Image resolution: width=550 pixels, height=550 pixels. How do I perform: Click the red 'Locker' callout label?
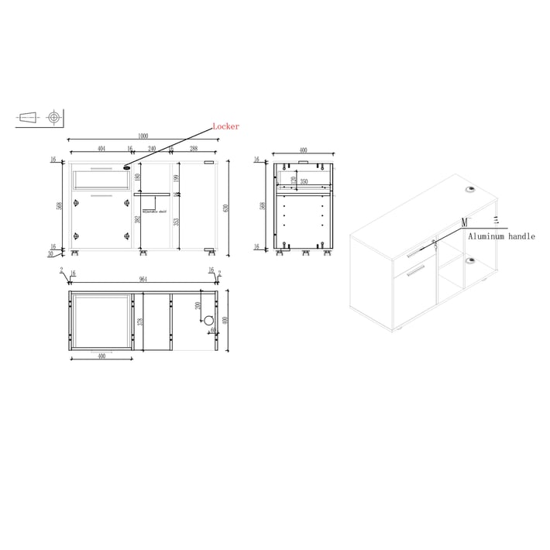(226, 126)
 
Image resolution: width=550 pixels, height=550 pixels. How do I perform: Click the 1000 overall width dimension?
(143, 136)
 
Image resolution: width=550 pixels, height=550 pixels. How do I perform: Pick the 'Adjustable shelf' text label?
(153, 211)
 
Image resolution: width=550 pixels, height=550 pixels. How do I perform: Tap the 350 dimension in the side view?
(305, 182)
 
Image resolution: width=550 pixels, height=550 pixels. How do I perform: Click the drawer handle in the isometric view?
(416, 249)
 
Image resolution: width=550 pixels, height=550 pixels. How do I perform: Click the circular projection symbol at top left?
(53, 118)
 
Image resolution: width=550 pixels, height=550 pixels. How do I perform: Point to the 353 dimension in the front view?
(176, 222)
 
